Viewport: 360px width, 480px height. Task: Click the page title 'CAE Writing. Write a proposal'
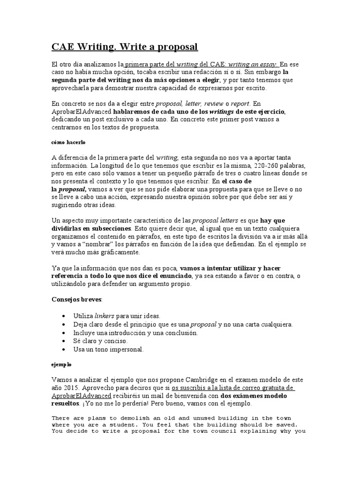125,47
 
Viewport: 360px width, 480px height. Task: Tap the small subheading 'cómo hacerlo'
68,142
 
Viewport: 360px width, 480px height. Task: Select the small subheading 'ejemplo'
61,364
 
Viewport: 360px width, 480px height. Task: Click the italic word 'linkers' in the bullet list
105,316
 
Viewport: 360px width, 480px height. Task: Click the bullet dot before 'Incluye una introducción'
63,333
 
